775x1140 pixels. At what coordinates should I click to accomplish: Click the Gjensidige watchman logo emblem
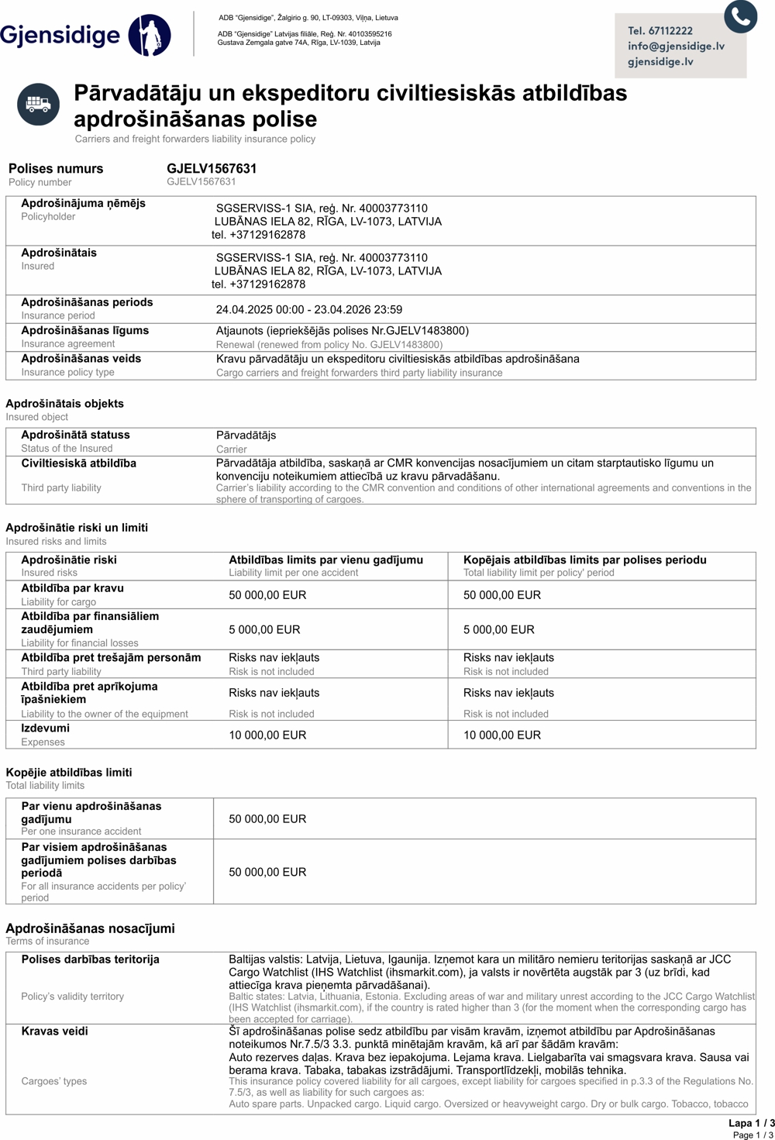pos(150,35)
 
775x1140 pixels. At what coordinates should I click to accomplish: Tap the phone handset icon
pos(740,15)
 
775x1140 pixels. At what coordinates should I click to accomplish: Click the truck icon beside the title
pos(38,104)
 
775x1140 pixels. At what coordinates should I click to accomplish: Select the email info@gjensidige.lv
pos(676,46)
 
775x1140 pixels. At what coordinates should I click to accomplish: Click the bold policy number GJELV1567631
pos(212,168)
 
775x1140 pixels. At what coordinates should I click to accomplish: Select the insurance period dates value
pos(308,309)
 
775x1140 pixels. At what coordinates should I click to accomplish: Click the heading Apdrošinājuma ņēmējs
pos(83,203)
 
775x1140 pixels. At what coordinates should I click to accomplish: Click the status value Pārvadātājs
pos(246,435)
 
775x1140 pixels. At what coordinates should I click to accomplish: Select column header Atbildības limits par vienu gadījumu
pos(325,560)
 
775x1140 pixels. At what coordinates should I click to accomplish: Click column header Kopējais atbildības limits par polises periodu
pos(584,560)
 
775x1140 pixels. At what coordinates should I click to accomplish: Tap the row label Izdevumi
pos(45,728)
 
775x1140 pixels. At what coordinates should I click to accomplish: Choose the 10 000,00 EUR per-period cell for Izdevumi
pos(501,735)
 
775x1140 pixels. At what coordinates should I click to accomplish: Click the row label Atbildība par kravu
pos(72,587)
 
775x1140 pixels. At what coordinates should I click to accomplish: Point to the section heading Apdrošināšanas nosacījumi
pos(90,928)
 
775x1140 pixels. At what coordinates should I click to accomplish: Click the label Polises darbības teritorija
pos(90,959)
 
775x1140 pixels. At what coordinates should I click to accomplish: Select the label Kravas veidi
pos(54,1031)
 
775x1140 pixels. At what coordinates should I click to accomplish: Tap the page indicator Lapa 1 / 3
pos(750,1122)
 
